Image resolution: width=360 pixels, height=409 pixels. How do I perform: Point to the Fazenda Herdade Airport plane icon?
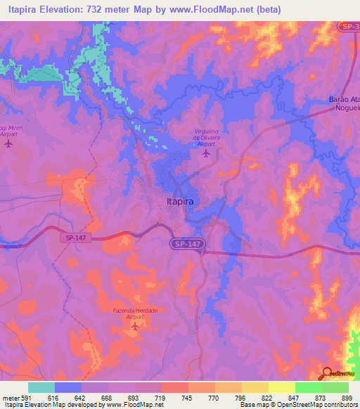(x=135, y=326)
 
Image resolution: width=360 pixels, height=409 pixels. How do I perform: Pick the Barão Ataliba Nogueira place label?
(x=345, y=103)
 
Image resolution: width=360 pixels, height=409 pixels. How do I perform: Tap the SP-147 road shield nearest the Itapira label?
(x=183, y=243)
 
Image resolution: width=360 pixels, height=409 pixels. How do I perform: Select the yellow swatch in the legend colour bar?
(x=282, y=387)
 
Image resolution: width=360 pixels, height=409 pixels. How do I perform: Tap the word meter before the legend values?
(x=10, y=397)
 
